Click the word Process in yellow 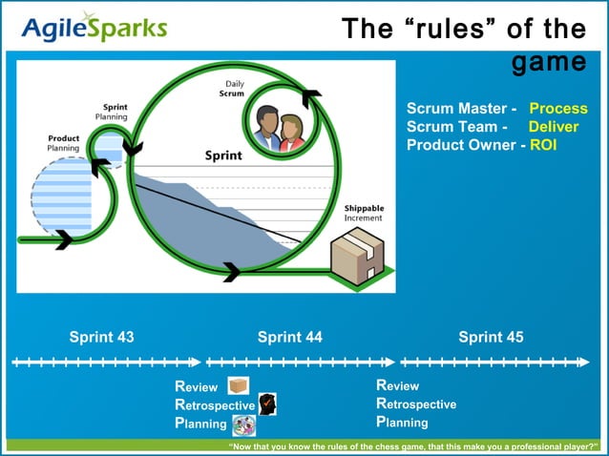[558, 109]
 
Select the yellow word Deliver [554, 127]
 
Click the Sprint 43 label [101, 337]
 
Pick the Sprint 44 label [289, 337]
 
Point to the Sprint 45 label [491, 337]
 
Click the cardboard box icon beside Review [238, 385]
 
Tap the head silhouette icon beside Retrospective [267, 404]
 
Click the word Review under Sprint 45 [397, 385]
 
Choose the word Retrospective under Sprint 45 [416, 404]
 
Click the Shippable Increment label [364, 213]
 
